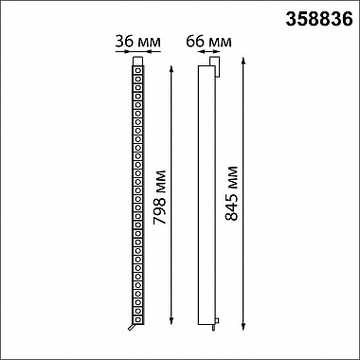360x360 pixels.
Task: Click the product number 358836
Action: coord(319,19)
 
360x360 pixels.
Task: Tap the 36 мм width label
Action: coord(137,42)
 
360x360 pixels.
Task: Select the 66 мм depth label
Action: coord(208,42)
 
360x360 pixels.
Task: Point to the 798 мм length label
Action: coord(159,197)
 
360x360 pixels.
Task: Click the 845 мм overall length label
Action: coord(231,193)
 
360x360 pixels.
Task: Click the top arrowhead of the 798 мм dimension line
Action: coord(171,68)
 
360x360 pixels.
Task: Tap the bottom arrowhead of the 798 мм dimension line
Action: coord(171,321)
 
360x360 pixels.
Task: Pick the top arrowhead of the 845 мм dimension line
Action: coord(243,61)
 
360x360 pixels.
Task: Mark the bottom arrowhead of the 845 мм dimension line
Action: coord(243,327)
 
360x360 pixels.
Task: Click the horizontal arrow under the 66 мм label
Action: coord(210,51)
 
